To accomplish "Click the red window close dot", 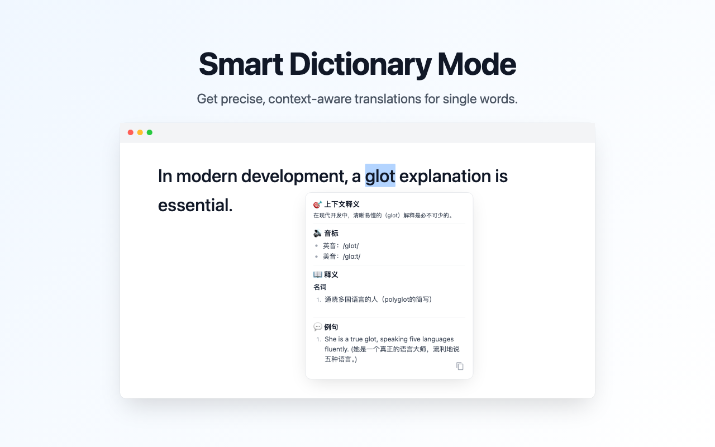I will [x=131, y=132].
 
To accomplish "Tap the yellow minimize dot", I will [x=140, y=132].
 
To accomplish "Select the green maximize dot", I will [x=150, y=132].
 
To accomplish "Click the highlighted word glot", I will [x=380, y=176].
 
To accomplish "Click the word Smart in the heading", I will [x=241, y=64].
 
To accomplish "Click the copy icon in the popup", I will [x=460, y=366].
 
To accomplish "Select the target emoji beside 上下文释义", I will [x=317, y=205].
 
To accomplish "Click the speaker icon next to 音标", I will [x=317, y=233].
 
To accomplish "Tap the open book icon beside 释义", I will [x=317, y=274].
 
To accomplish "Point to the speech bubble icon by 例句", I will [x=317, y=327].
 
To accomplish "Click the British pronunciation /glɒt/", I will [x=351, y=246].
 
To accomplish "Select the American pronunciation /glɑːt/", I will [x=351, y=256].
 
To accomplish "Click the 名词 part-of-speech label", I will [x=320, y=287].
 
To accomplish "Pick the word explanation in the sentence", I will [x=445, y=176].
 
